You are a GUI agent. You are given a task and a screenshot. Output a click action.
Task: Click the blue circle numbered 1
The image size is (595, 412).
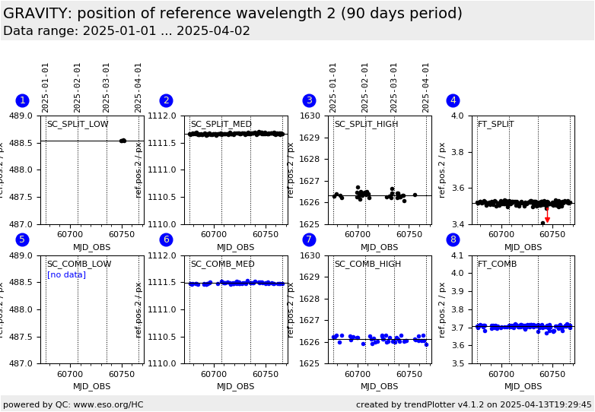[x=22, y=100]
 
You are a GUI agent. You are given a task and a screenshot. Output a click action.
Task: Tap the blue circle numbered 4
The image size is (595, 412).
[x=453, y=100]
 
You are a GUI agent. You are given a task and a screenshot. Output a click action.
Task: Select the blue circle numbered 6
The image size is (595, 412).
[x=166, y=240]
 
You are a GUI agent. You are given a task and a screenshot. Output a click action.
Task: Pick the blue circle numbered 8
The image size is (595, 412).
[x=453, y=240]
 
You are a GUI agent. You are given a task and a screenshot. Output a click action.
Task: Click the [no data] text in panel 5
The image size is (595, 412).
[x=66, y=275]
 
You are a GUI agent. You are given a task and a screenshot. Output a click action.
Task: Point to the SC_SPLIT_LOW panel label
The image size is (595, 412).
[x=78, y=125]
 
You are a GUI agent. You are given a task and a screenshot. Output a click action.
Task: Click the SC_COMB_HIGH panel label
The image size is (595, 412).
[x=367, y=265]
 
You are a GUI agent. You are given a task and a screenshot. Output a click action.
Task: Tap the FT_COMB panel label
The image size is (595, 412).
[x=497, y=265]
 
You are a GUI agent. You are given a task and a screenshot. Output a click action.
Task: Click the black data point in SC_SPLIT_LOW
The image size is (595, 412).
[x=123, y=141]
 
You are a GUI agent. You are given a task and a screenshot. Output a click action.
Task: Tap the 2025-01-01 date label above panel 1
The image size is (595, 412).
[x=46, y=87]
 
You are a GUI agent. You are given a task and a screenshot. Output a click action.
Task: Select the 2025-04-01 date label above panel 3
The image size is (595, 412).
[x=426, y=87]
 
